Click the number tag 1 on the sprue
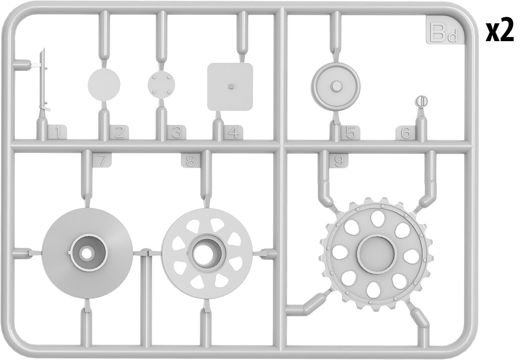click(x=58, y=133)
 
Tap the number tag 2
click(x=119, y=133)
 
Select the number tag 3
click(x=176, y=133)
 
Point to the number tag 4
click(x=233, y=133)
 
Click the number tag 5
click(x=350, y=133)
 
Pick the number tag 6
click(x=406, y=133)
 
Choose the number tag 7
click(x=102, y=161)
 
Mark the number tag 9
click(x=339, y=161)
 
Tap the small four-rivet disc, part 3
click(x=161, y=84)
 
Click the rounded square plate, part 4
click(x=230, y=87)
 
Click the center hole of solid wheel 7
click(x=87, y=253)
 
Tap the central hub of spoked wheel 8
click(x=207, y=253)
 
